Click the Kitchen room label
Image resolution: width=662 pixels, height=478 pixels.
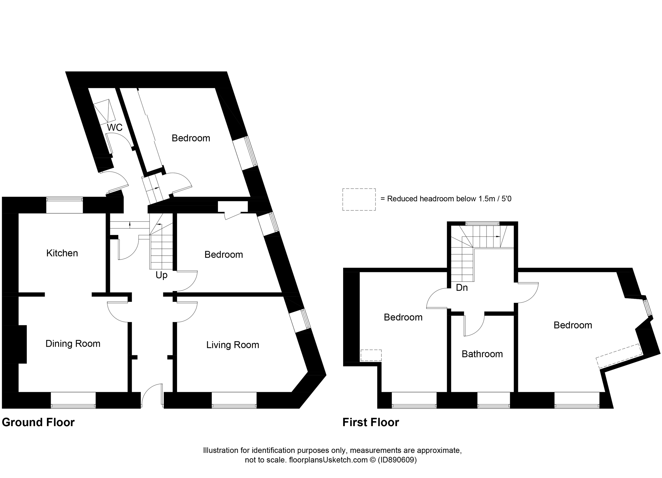click(62, 253)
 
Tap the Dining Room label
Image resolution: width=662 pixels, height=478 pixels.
click(73, 343)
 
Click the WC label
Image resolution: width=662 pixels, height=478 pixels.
click(115, 127)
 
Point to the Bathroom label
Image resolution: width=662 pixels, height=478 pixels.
click(482, 354)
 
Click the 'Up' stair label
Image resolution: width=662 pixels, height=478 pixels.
click(161, 275)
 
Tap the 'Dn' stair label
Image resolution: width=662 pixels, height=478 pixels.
click(462, 287)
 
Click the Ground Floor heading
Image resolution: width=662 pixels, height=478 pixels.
click(38, 422)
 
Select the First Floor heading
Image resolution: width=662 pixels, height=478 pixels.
click(371, 422)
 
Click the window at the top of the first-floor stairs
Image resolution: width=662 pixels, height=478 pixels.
click(482, 224)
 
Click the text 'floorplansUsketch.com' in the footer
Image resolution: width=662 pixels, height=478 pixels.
click(328, 460)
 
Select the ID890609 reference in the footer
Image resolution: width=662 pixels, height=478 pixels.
click(397, 460)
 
